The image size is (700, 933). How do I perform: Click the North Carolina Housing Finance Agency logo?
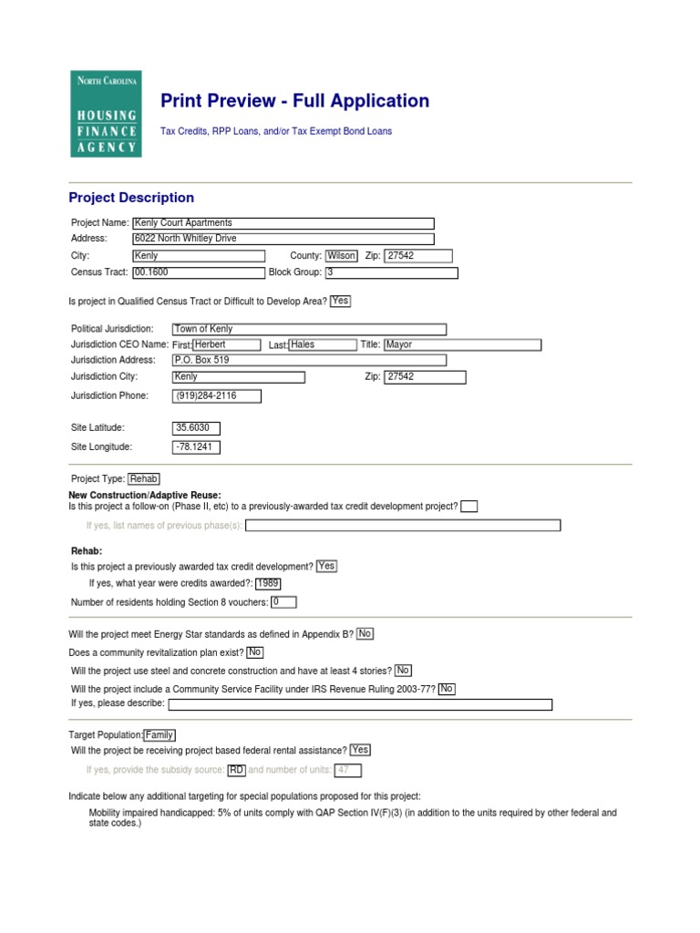pyautogui.click(x=106, y=114)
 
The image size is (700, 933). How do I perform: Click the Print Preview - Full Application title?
pyautogui.click(x=294, y=101)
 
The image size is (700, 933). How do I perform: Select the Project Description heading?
pyautogui.click(x=131, y=198)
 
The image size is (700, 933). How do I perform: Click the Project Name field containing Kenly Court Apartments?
pyautogui.click(x=283, y=223)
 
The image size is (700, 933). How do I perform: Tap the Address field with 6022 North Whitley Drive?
pyautogui.click(x=283, y=239)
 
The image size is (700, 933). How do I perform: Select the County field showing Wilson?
pyautogui.click(x=341, y=256)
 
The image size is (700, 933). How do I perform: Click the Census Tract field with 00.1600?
pyautogui.click(x=198, y=272)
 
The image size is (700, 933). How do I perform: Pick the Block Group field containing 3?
pyautogui.click(x=391, y=272)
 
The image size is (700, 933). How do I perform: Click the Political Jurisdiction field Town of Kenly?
pyautogui.click(x=309, y=329)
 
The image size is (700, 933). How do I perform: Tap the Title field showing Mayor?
pyautogui.click(x=462, y=345)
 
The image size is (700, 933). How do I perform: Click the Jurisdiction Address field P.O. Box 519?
pyautogui.click(x=309, y=361)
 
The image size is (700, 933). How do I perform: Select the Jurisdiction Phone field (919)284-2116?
pyautogui.click(x=217, y=396)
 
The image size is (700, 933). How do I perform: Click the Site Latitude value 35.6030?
pyautogui.click(x=196, y=428)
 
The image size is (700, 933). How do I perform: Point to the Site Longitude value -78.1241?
pyautogui.click(x=196, y=447)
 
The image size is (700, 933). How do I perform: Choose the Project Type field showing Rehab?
pyautogui.click(x=144, y=478)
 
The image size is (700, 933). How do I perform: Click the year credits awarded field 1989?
pyautogui.click(x=268, y=584)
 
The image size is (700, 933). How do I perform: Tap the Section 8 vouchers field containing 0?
pyautogui.click(x=283, y=602)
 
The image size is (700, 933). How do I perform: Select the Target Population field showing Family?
pyautogui.click(x=160, y=735)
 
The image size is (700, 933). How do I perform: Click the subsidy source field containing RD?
pyautogui.click(x=237, y=770)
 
